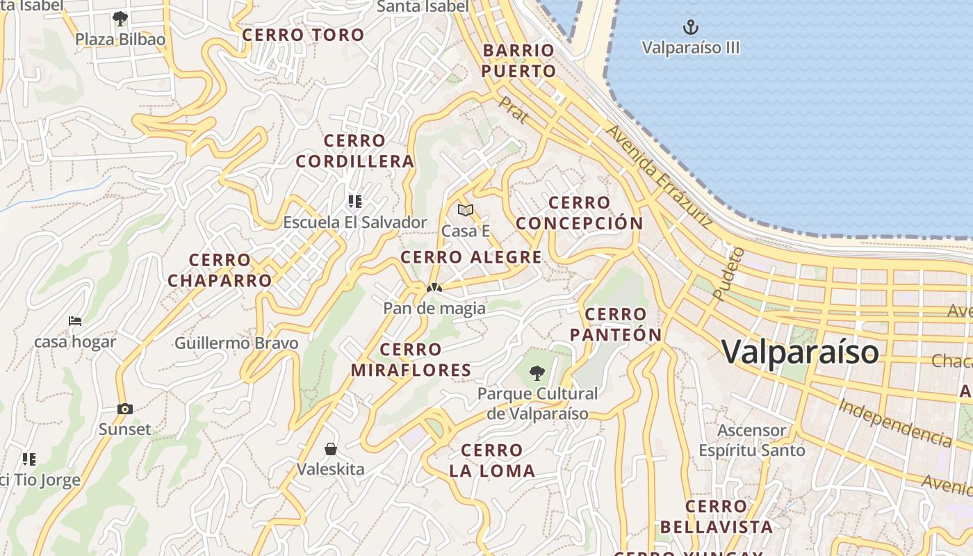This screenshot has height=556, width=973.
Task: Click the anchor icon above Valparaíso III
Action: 690,28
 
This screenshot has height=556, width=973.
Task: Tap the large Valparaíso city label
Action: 800,352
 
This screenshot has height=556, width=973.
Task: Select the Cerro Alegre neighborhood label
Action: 471,257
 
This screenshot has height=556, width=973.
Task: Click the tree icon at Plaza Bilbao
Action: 120,18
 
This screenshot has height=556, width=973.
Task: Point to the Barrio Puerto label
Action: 518,60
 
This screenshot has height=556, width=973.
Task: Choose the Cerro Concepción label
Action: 580,213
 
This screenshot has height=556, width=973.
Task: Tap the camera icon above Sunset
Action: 124,409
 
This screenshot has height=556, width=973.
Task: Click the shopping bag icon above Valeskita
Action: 331,448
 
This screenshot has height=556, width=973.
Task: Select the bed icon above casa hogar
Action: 75,321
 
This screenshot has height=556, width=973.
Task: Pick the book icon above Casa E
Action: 465,210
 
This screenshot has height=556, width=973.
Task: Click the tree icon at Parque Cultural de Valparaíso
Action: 537,373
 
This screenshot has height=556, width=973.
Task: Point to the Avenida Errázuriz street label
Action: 659,177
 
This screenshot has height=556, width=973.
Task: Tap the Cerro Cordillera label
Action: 354,151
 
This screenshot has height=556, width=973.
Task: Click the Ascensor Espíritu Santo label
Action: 751,440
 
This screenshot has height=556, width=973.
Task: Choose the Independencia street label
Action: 894,423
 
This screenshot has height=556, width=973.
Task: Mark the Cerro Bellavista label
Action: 716,516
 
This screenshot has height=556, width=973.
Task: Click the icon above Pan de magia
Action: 434,287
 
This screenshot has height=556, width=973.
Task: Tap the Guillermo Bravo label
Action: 236,343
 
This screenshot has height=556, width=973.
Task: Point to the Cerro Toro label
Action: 304,35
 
